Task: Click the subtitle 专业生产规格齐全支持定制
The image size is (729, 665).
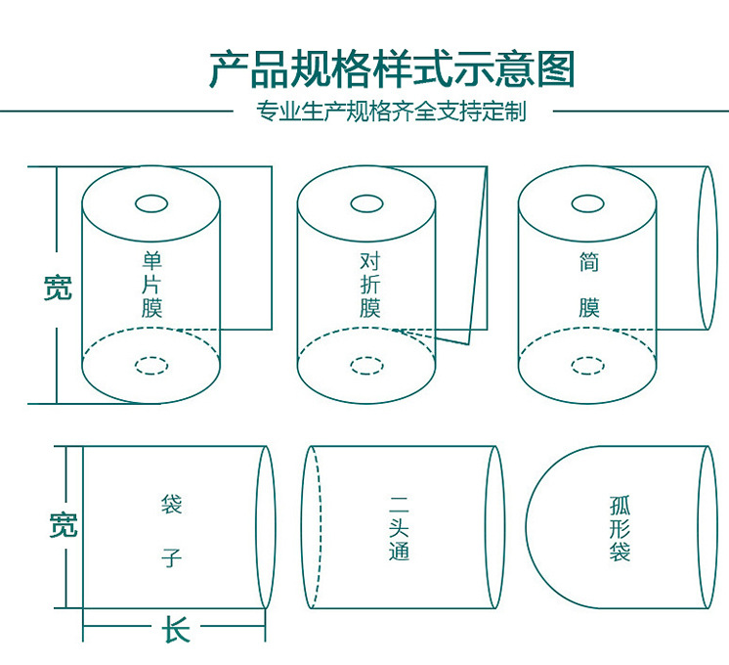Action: [391, 111]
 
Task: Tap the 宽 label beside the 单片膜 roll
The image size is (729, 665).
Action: [58, 288]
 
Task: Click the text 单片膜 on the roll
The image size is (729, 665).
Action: [151, 285]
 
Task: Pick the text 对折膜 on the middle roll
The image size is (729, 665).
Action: [369, 285]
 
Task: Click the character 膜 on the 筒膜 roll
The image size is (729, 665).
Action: [588, 308]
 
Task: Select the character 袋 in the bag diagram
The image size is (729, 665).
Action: [172, 506]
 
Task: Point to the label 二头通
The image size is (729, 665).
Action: [399, 528]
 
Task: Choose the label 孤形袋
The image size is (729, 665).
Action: [620, 528]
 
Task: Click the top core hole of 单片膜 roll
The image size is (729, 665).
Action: [151, 203]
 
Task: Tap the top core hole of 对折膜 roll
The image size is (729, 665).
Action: [367, 203]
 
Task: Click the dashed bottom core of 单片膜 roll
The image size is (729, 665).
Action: [151, 366]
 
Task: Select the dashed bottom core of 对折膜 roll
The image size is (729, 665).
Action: [367, 366]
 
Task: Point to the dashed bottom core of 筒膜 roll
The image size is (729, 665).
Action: [587, 366]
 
